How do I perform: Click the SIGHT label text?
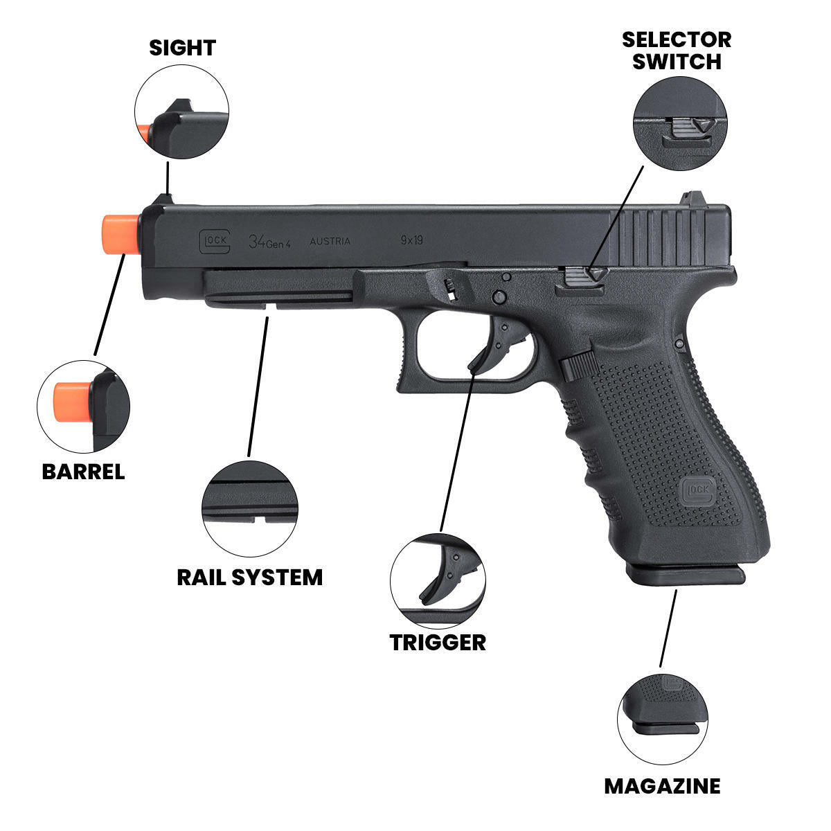182,48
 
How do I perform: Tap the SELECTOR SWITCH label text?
676,51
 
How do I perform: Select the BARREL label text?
83,472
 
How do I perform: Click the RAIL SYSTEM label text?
249,577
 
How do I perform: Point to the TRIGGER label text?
437,642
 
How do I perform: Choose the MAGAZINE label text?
661,786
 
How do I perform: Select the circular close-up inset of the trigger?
438,580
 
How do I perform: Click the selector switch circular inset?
679,123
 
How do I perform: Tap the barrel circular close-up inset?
83,406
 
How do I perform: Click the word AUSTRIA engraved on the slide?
330,242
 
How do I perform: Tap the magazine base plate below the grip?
686,573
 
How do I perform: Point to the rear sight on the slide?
692,199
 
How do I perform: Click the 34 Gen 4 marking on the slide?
270,242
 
